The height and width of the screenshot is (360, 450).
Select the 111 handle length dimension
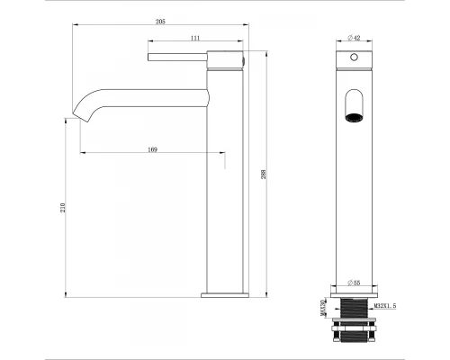(195, 39)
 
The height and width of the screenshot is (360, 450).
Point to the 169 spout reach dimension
(153, 150)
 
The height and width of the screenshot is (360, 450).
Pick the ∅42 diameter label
(354, 38)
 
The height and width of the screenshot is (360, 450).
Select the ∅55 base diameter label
(354, 283)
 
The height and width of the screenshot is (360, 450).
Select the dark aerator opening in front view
(354, 115)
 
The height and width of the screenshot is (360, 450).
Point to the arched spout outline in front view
(354, 98)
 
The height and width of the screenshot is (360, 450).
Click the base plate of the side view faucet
(225, 293)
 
